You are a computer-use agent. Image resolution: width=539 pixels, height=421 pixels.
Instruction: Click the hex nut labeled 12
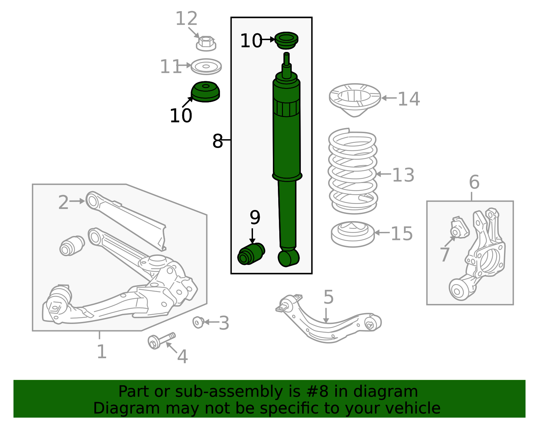click(x=206, y=43)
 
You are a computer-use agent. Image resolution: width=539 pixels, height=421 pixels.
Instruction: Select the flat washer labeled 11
click(x=206, y=66)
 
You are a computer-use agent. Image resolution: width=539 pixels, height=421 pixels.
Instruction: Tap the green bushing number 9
click(x=251, y=254)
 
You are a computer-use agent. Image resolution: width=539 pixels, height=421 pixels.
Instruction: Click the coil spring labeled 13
click(x=352, y=172)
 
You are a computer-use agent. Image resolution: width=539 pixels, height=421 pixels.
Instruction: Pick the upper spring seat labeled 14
click(x=354, y=98)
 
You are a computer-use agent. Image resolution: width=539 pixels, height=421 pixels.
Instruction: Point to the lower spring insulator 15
click(x=352, y=234)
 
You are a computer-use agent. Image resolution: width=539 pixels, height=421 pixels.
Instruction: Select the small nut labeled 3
click(x=198, y=322)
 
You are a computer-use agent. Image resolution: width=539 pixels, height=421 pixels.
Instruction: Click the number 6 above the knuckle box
click(x=474, y=182)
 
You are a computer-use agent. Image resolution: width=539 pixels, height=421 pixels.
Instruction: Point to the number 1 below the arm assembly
click(x=101, y=351)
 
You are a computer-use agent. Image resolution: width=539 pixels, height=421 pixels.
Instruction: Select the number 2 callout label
click(x=63, y=202)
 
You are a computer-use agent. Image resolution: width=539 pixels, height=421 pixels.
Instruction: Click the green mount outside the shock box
click(x=205, y=92)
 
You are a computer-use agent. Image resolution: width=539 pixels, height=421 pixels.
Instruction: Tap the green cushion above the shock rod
click(x=286, y=40)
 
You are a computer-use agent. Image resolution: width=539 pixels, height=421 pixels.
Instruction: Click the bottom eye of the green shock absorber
click(x=288, y=258)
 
